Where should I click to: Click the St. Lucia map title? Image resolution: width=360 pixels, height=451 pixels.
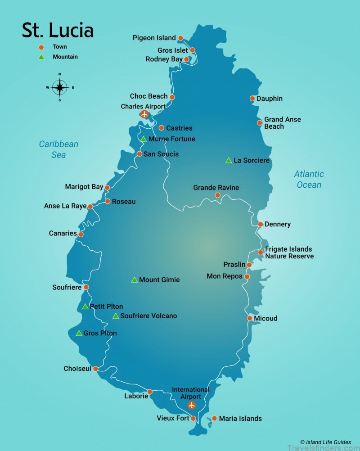click(x=58, y=30)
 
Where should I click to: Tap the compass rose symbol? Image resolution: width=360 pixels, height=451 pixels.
click(x=60, y=87)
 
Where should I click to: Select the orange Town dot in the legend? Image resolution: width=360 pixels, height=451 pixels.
click(x=41, y=47)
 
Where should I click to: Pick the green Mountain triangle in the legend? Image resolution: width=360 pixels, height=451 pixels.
click(x=41, y=57)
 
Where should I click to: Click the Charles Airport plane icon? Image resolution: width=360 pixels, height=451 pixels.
click(x=144, y=114)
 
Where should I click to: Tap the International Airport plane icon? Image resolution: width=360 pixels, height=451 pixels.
click(x=192, y=405)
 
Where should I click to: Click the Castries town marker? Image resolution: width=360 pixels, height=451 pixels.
click(x=162, y=128)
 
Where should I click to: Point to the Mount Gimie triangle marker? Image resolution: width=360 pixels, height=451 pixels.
click(x=134, y=280)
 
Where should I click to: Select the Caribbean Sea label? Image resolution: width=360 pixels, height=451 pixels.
click(x=58, y=149)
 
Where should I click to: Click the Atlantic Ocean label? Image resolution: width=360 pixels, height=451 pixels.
click(x=309, y=179)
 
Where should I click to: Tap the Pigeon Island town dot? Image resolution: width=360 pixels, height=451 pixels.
click(x=181, y=38)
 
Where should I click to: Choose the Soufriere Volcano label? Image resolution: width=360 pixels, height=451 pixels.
click(x=148, y=316)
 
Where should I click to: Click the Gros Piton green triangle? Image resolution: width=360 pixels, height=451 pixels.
click(x=79, y=334)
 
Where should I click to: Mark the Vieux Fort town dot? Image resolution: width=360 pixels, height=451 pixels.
click(x=193, y=419)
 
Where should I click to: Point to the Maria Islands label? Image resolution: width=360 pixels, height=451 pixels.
click(x=240, y=419)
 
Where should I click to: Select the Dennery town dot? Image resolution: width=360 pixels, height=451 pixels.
click(x=261, y=224)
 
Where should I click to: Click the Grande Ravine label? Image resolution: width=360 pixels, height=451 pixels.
click(x=216, y=188)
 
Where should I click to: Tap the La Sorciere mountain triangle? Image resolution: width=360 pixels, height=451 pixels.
click(x=229, y=160)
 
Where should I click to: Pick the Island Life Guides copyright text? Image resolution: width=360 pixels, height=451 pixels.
click(x=326, y=442)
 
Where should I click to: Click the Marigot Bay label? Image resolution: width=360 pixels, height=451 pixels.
click(x=84, y=187)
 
